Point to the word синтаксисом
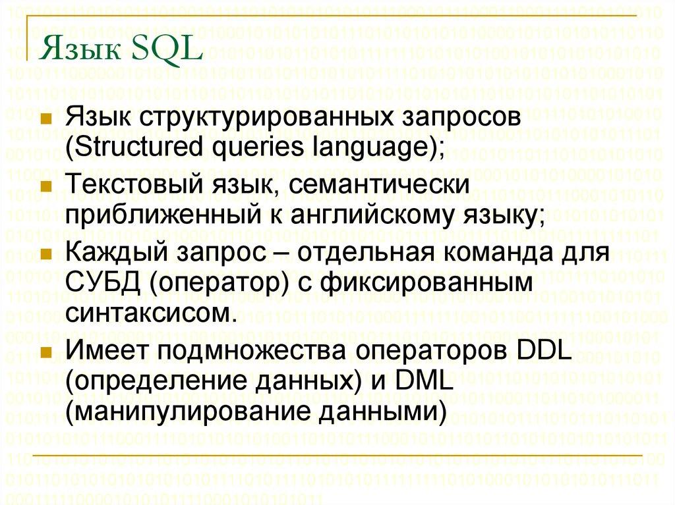coord(149,311)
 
